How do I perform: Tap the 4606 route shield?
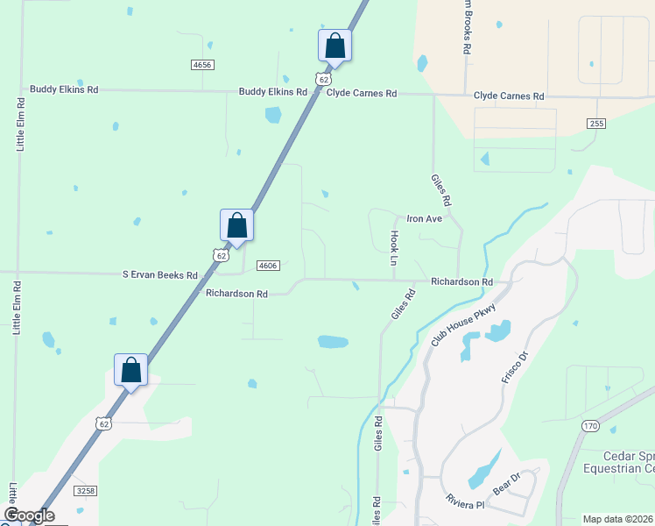click(x=268, y=266)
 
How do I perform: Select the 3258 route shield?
click(x=85, y=490)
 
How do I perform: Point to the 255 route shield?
click(x=596, y=124)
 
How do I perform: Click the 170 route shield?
click(x=589, y=425)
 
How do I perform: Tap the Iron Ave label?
click(x=423, y=218)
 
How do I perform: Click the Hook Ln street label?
click(x=394, y=248)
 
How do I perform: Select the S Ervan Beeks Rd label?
click(x=160, y=274)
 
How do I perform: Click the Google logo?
click(x=29, y=515)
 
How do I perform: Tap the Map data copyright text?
click(x=618, y=519)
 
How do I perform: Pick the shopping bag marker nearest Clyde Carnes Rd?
click(x=335, y=45)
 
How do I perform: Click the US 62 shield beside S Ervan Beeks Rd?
click(x=221, y=254)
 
